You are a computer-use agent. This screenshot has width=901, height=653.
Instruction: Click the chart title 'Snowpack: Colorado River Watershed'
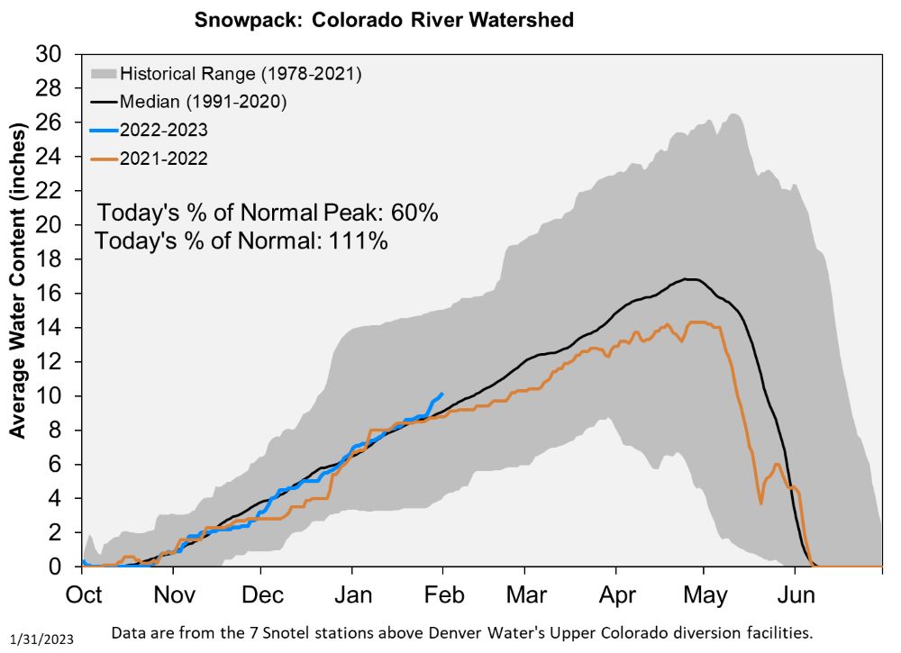tap(385, 20)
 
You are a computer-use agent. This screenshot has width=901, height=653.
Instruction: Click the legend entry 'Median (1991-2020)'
tap(203, 102)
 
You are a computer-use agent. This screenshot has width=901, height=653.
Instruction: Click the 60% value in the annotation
tap(414, 213)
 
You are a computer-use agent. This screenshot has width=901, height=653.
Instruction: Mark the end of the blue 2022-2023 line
tap(441, 394)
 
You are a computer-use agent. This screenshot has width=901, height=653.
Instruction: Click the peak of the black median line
tap(689, 279)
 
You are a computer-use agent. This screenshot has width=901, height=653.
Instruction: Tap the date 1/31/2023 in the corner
tap(42, 639)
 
